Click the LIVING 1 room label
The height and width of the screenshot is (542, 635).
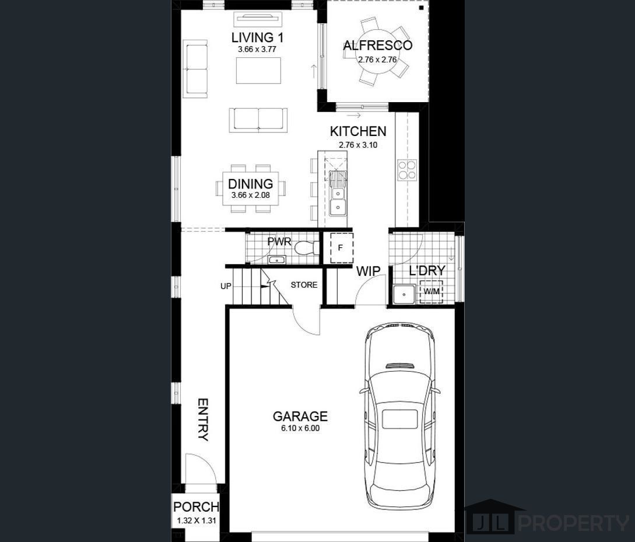point(257,38)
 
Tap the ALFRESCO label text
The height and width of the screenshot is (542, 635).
point(377,46)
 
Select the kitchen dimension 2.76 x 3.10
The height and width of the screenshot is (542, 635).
point(358,145)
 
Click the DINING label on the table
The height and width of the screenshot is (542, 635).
point(250,184)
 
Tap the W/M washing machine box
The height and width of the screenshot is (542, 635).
point(431,292)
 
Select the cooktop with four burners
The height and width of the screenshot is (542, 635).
point(407,170)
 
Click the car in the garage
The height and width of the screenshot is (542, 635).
point(399,414)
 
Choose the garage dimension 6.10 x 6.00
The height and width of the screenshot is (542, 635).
point(300,428)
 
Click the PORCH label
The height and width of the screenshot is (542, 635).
point(196,507)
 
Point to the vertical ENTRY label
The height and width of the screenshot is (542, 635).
point(203,419)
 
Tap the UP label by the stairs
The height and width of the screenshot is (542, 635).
point(226,286)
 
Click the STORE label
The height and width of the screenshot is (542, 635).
point(304,285)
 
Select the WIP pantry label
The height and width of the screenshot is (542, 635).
point(368,271)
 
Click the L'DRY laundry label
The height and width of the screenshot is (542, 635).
point(427,271)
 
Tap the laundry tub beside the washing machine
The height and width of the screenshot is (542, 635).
point(404,294)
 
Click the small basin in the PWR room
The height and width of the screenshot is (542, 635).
point(277,260)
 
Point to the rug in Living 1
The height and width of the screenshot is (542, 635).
point(258,71)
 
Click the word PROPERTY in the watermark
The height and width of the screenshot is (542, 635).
point(573,523)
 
